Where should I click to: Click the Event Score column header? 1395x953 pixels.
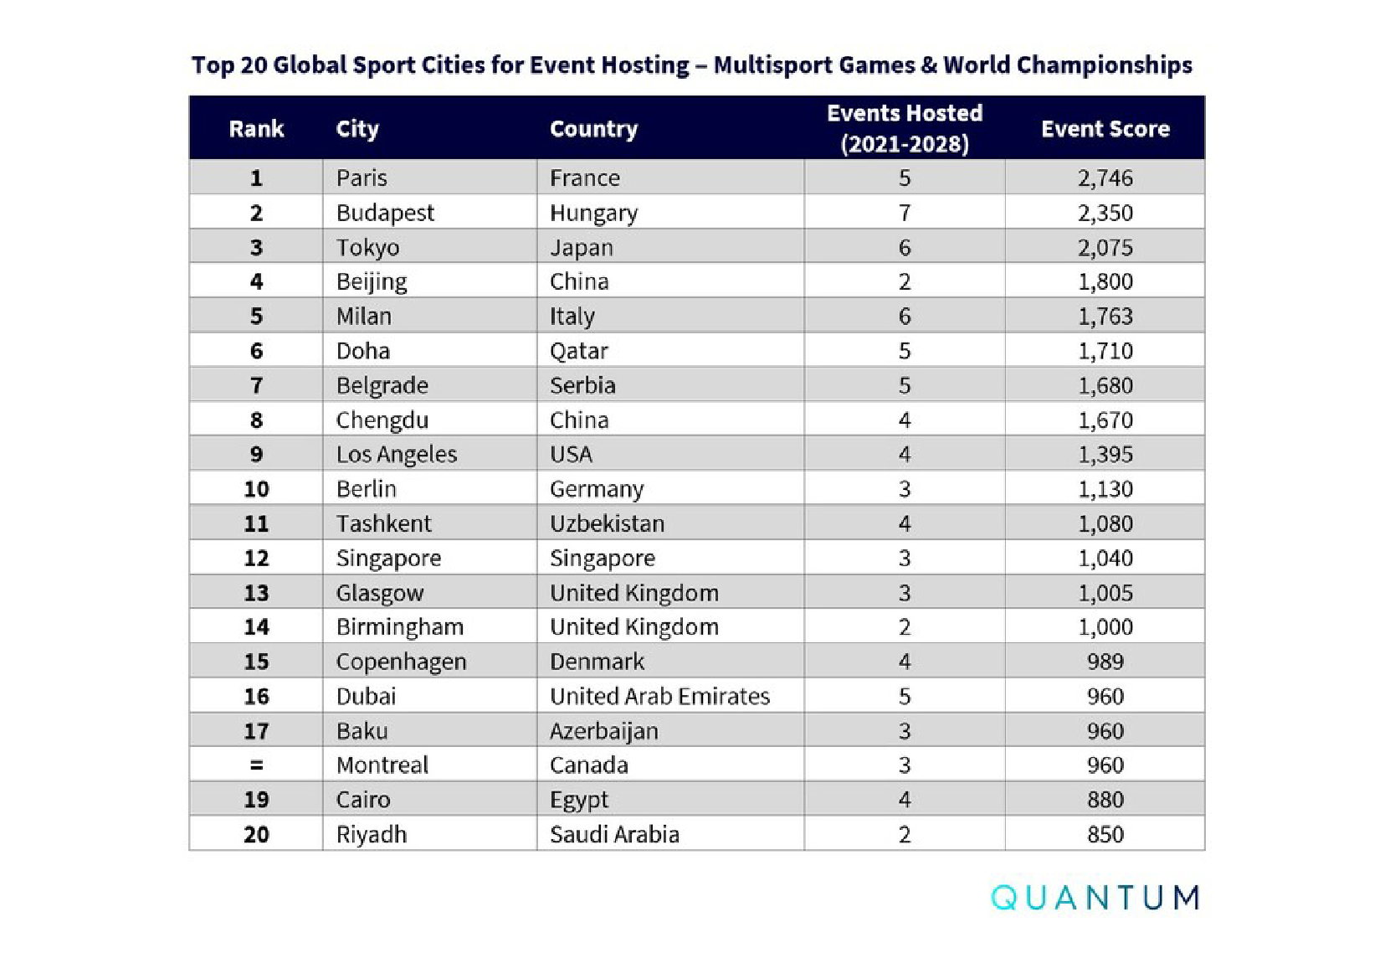click(x=1105, y=128)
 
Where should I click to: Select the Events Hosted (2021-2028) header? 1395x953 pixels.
click(x=904, y=128)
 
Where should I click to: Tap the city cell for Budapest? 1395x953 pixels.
click(x=385, y=213)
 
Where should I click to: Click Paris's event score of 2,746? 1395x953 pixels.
click(x=1105, y=178)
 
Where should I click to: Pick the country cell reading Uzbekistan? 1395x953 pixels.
click(x=607, y=523)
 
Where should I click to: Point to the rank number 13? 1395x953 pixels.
click(x=256, y=593)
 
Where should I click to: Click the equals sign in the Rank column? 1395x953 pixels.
click(x=256, y=765)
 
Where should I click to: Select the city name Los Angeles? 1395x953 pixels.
click(x=396, y=454)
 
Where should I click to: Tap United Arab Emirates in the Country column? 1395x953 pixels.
click(x=659, y=696)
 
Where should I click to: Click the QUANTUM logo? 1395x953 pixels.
click(x=1095, y=897)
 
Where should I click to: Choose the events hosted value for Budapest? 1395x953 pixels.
click(x=904, y=213)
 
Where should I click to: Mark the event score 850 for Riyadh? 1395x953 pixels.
click(x=1105, y=834)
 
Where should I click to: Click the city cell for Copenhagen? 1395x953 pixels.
click(x=401, y=662)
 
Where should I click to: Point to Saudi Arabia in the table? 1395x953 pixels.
click(x=614, y=834)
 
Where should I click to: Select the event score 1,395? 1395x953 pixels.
click(x=1105, y=454)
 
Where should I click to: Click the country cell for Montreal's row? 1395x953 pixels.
click(x=588, y=765)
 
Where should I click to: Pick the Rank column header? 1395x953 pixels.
click(x=256, y=128)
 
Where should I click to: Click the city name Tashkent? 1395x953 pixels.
click(x=383, y=523)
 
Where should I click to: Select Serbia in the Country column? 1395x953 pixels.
click(x=582, y=385)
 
